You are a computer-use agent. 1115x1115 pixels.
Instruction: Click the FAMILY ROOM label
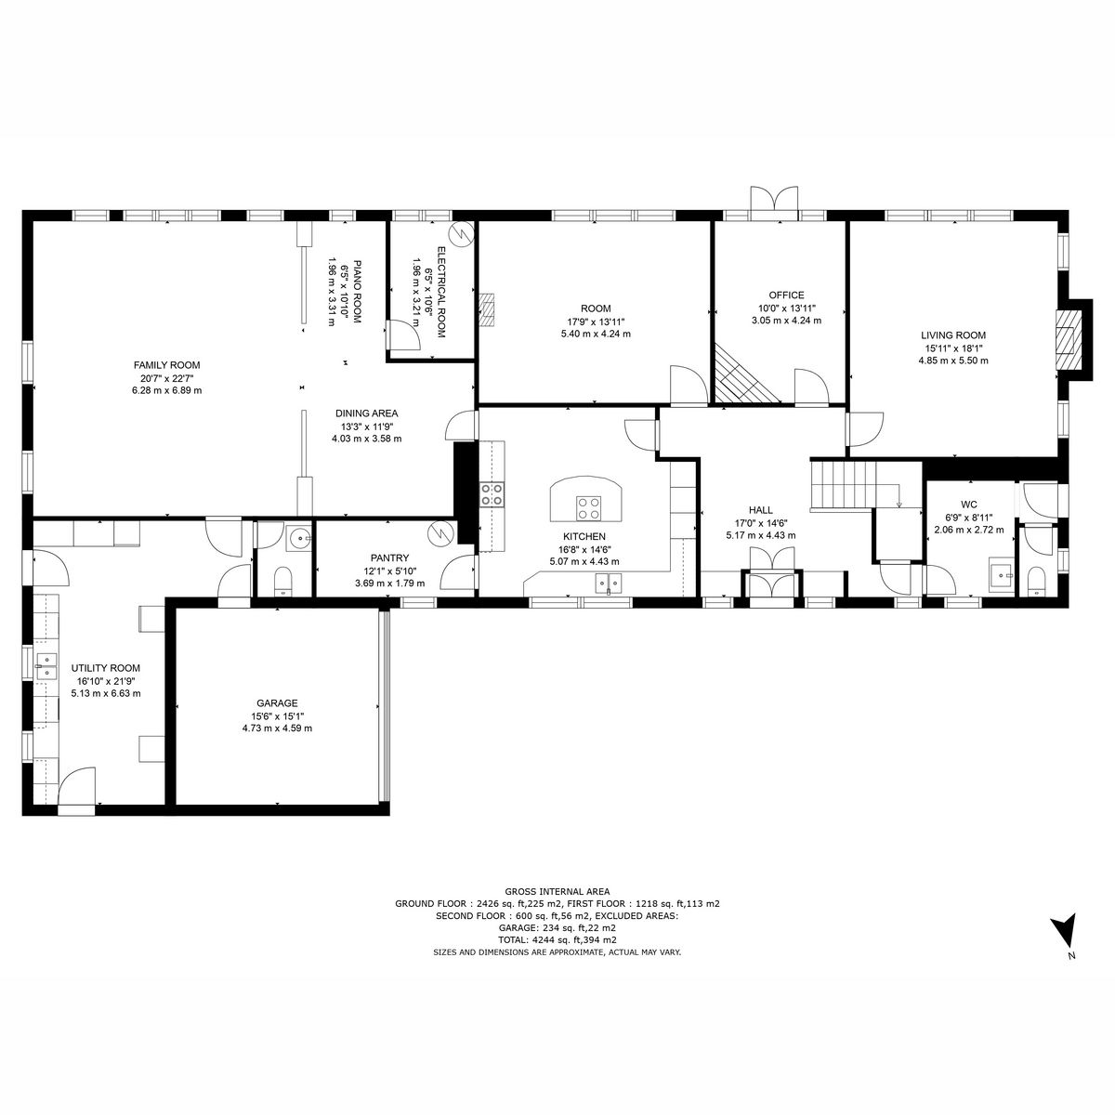[x=166, y=365]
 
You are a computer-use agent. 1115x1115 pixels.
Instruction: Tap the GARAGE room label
[x=277, y=703]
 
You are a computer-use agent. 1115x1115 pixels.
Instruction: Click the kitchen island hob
[x=588, y=507]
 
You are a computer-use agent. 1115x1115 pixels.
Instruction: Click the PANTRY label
[x=389, y=558]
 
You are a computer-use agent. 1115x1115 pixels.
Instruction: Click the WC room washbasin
[x=1002, y=575]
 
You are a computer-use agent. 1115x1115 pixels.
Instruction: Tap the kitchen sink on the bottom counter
[x=609, y=584]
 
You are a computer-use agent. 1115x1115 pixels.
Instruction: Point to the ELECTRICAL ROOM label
[x=440, y=292]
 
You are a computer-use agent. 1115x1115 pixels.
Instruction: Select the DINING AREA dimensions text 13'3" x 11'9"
[x=366, y=426]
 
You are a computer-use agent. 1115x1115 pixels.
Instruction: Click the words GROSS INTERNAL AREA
[x=557, y=891]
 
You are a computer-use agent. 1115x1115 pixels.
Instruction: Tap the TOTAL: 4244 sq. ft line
[x=557, y=939]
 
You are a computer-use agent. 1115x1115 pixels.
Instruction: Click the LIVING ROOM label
[x=953, y=335]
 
